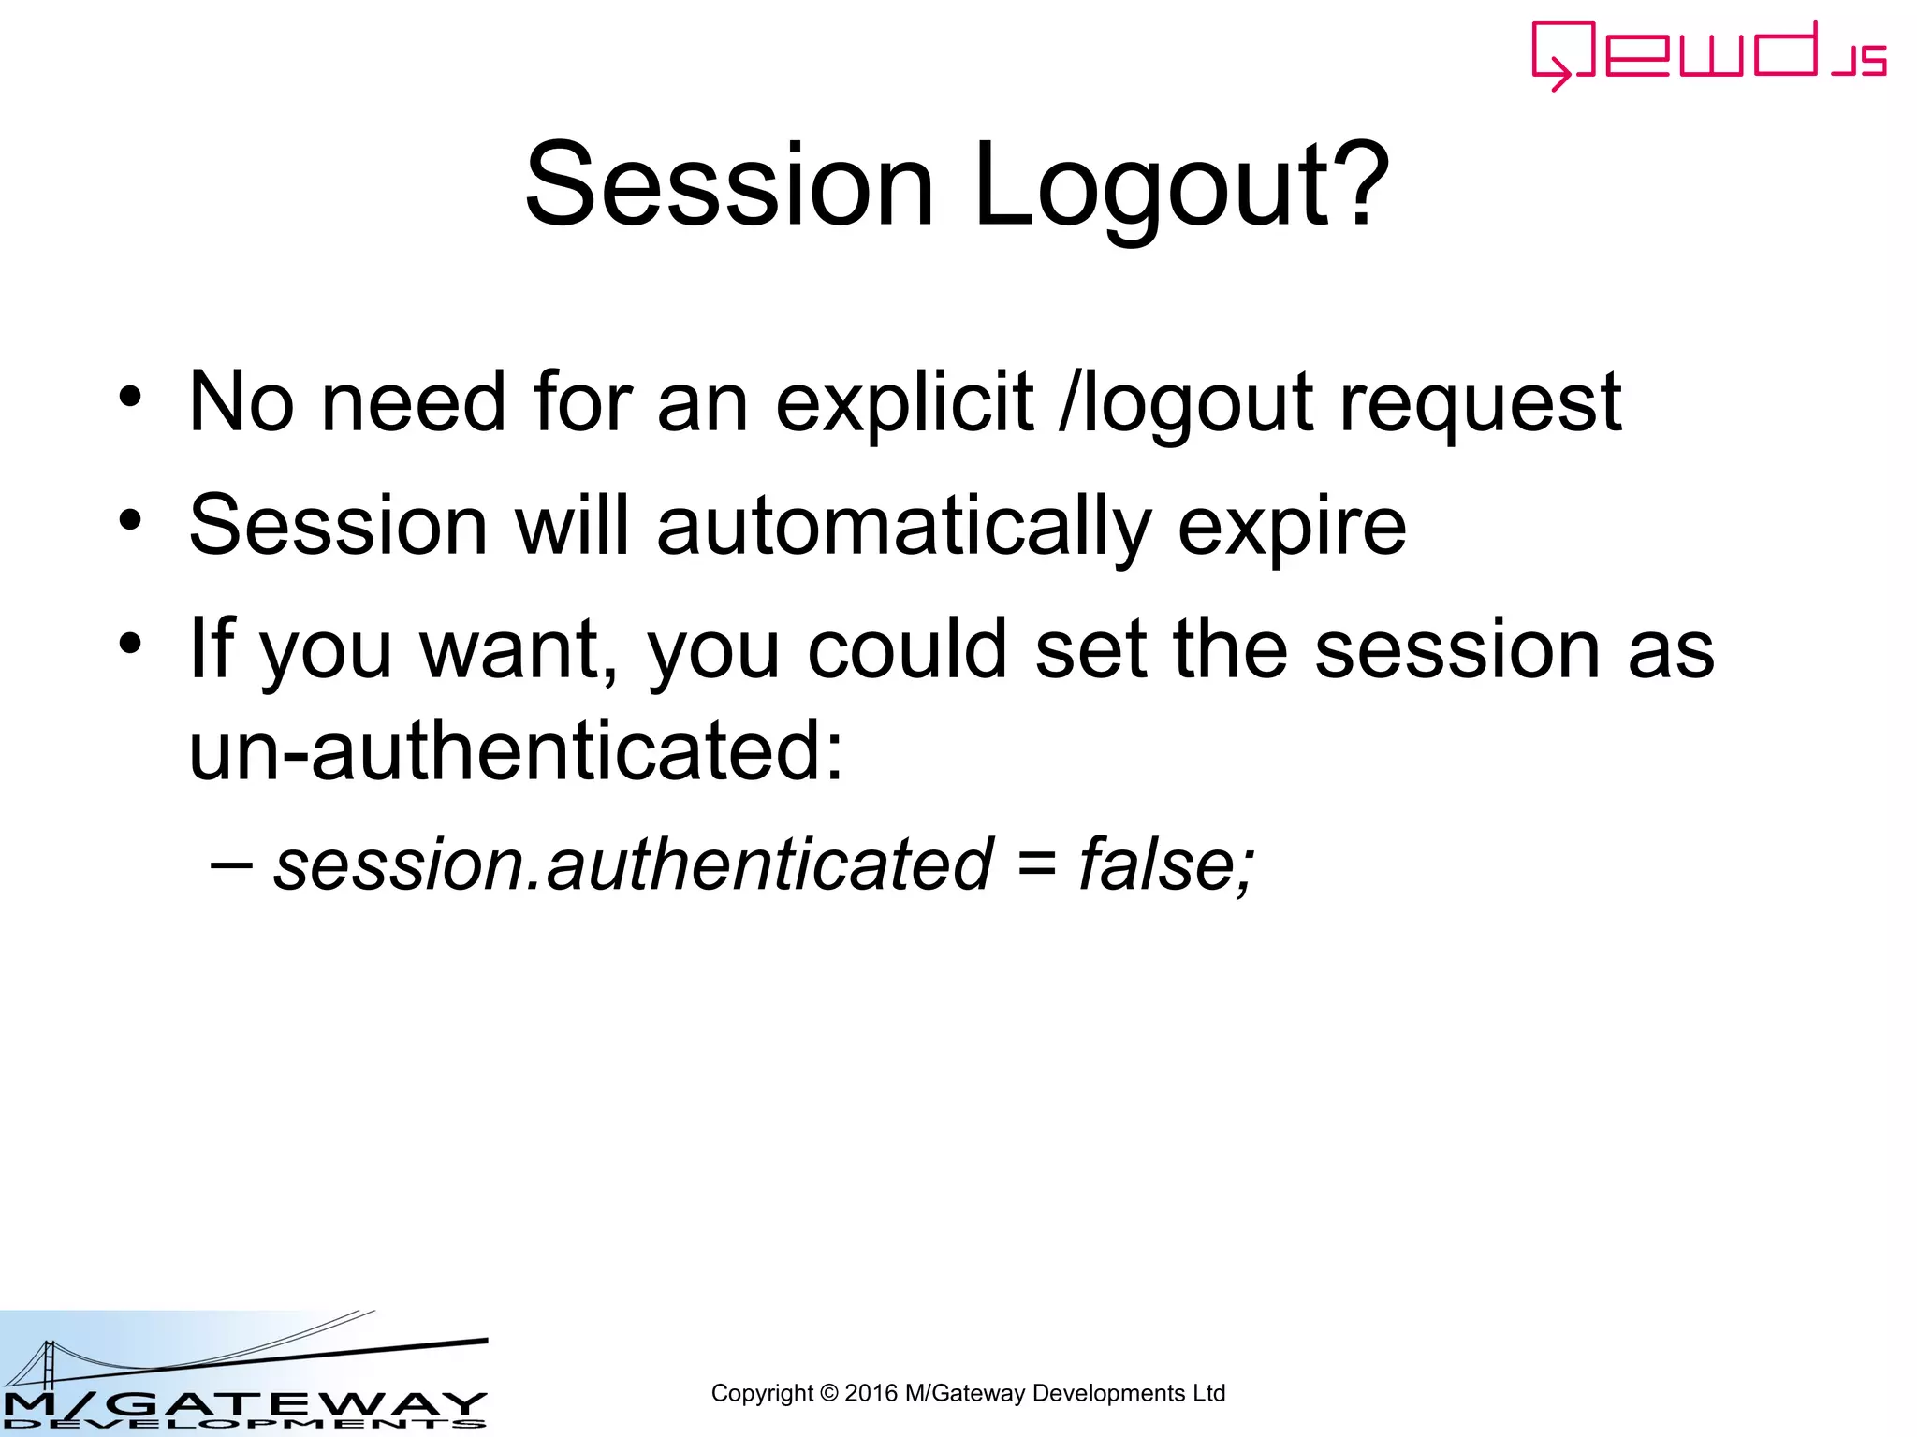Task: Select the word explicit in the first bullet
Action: click(904, 404)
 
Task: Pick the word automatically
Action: click(903, 528)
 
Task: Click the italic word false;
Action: click(1165, 864)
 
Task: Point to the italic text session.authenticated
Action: click(633, 864)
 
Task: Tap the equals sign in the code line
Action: click(1036, 866)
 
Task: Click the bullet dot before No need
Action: click(130, 397)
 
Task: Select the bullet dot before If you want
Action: click(130, 643)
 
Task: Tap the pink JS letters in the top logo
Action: click(1859, 61)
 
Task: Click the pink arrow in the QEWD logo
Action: click(1557, 74)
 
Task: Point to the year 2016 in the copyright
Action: click(871, 1393)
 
